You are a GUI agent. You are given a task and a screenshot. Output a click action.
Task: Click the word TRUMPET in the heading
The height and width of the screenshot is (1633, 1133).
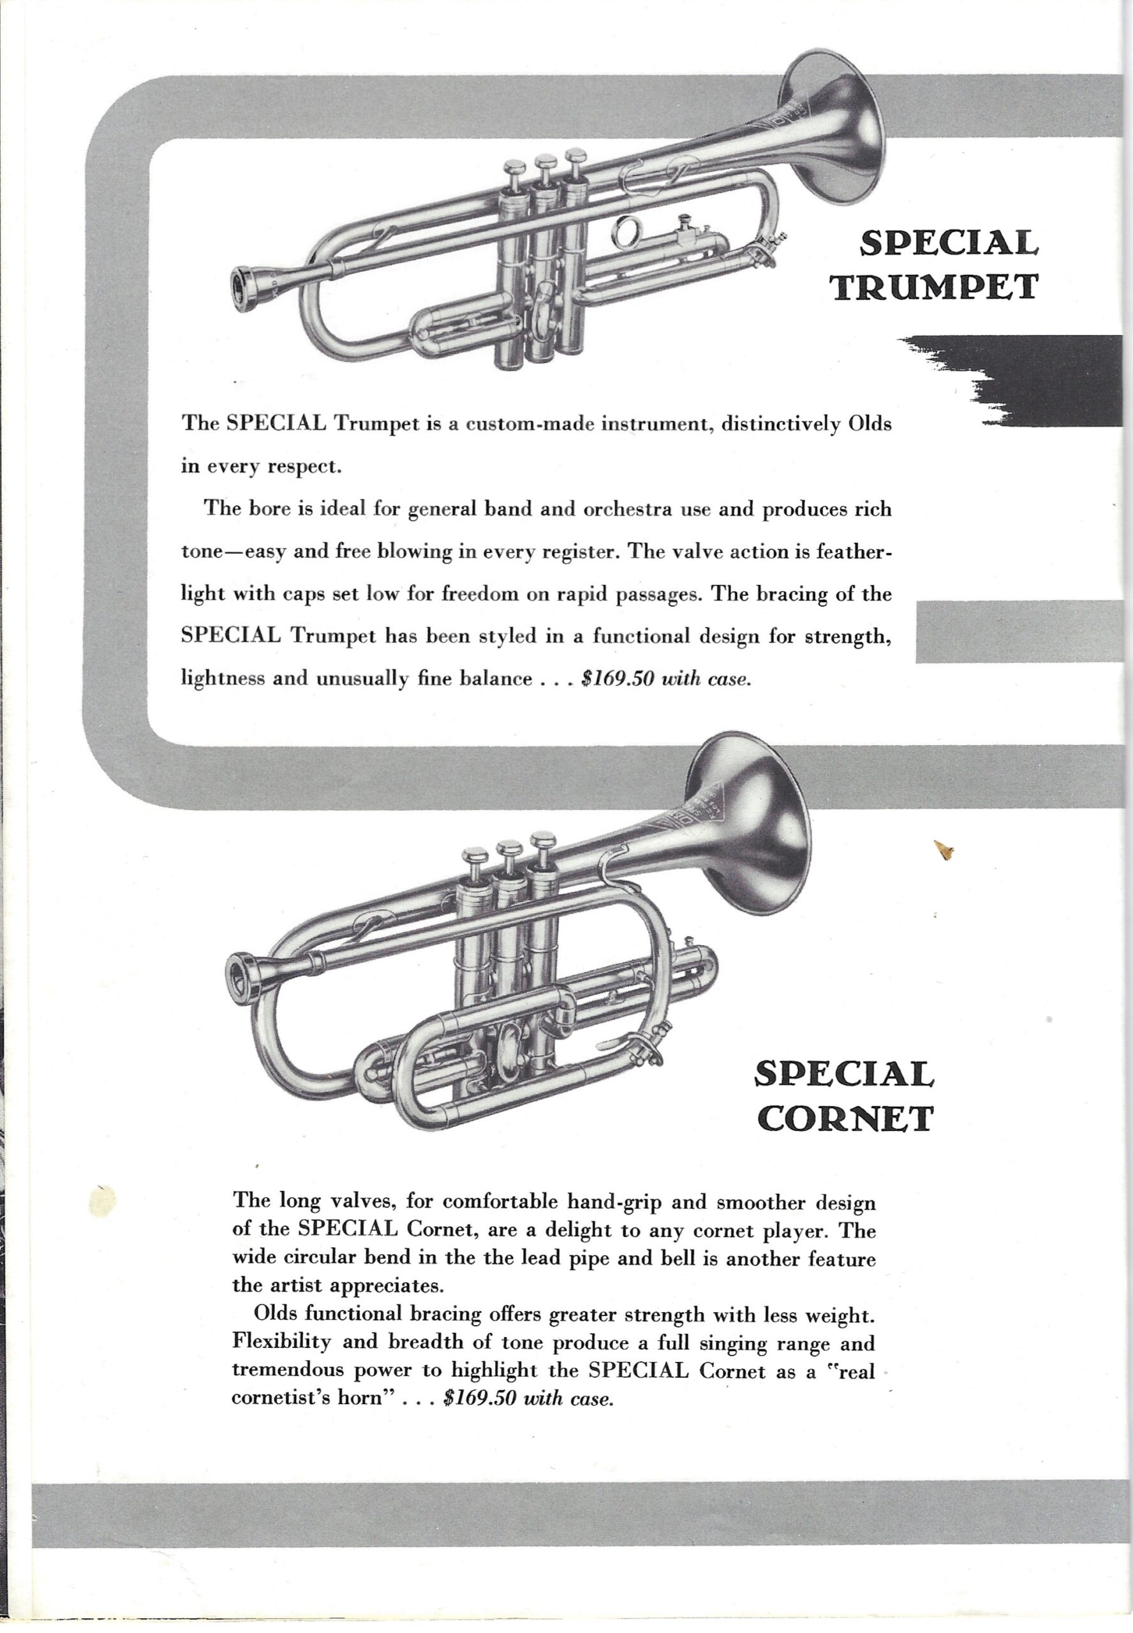pyautogui.click(x=936, y=286)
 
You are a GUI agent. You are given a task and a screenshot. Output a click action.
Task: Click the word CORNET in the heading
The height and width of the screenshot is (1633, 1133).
pyautogui.click(x=844, y=1119)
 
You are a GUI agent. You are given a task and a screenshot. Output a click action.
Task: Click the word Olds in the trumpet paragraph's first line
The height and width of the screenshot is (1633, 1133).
pyautogui.click(x=870, y=424)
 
